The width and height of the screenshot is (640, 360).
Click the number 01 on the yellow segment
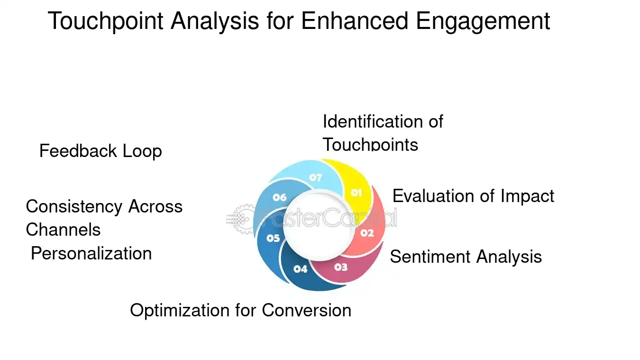point(356,193)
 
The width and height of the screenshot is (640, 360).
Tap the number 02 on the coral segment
point(367,233)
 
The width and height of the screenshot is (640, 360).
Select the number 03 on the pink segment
point(340,267)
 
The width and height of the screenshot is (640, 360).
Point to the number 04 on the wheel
point(301,269)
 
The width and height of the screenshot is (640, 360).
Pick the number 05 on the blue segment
point(273,238)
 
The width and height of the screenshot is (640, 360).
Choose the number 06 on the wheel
point(279,197)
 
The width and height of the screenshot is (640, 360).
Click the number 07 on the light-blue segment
point(316,178)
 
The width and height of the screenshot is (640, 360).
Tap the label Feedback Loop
point(101,151)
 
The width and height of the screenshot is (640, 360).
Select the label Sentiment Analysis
point(466,257)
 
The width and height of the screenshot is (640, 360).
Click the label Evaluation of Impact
point(473,196)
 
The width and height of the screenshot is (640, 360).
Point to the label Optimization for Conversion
point(240,310)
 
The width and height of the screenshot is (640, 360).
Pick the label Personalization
point(91,253)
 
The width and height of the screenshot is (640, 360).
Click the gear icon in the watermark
point(244,218)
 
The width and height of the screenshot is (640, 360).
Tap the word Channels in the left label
point(63,230)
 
